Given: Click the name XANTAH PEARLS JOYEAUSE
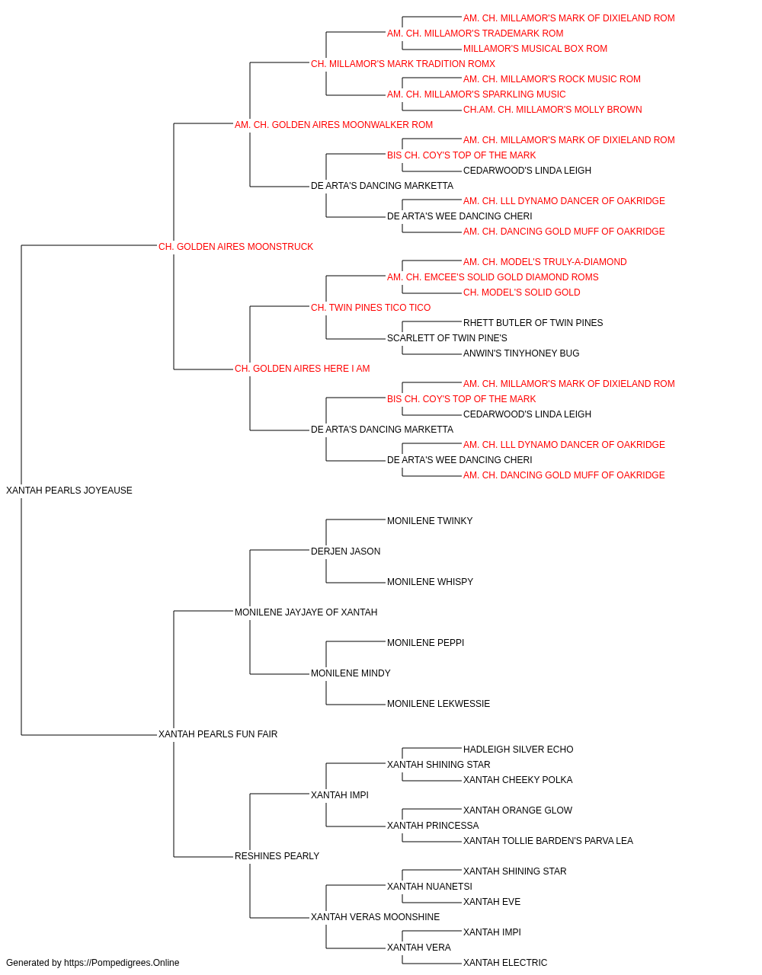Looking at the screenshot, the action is [x=69, y=491].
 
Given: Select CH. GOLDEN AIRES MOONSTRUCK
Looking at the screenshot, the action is [x=235, y=247].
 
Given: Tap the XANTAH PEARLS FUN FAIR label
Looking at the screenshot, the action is [x=218, y=734].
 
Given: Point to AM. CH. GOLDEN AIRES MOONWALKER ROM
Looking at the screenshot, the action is [x=334, y=125].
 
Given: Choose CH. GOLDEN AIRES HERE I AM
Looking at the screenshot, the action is [x=302, y=369].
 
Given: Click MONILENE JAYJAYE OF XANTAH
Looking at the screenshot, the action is [x=306, y=612].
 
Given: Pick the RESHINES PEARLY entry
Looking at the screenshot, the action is [x=277, y=856].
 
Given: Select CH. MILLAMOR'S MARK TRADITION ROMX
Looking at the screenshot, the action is [x=403, y=64].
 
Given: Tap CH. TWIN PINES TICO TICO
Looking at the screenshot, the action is [x=370, y=307].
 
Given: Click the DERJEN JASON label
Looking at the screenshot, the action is [x=345, y=551].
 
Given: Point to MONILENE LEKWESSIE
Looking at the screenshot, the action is [x=438, y=704].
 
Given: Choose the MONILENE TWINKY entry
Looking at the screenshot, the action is [x=430, y=521].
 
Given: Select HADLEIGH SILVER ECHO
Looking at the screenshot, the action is [x=518, y=750].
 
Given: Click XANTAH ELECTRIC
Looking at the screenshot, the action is [x=505, y=963].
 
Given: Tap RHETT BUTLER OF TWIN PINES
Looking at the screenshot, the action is [x=533, y=323].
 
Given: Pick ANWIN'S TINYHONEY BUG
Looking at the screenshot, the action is [x=521, y=353].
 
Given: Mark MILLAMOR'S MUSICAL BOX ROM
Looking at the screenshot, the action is [x=536, y=49].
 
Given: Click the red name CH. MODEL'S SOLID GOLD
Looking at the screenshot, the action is [x=522, y=292].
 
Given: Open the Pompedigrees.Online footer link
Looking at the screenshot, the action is [x=122, y=963].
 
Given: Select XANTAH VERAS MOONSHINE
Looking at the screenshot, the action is [x=375, y=917].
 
